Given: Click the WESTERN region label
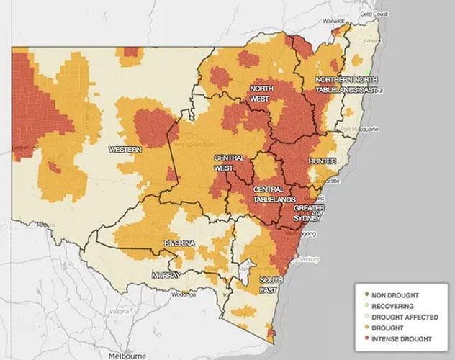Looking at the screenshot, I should click(124, 149).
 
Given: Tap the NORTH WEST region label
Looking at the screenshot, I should click(261, 93).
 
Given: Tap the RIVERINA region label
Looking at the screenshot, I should click(179, 244).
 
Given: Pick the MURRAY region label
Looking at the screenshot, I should click(166, 275).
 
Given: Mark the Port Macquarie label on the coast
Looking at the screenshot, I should click(360, 130).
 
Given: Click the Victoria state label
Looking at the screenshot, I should click(119, 312).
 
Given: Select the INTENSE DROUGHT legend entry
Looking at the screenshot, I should click(400, 338).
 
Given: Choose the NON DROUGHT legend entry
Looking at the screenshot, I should click(396, 295).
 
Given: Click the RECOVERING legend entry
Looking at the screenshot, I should click(393, 306).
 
